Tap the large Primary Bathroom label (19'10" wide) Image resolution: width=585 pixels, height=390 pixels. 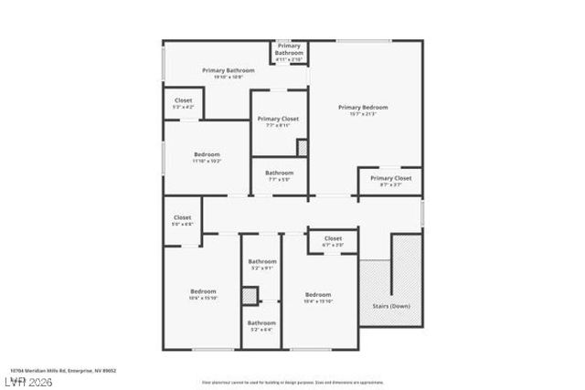[228, 72]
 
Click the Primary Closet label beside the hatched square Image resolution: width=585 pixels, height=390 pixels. [278, 121]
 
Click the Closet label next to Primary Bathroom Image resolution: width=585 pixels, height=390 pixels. [183, 103]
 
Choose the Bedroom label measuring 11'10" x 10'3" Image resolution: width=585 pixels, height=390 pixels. [207, 157]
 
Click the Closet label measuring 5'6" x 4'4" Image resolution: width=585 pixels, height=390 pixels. [182, 220]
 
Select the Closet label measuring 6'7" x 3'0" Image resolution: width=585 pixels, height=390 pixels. [332, 241]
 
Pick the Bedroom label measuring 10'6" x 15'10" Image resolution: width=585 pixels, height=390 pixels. [203, 293]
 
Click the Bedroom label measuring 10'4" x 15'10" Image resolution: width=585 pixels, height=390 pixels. [318, 296]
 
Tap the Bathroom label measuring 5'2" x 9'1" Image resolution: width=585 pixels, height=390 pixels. [261, 265]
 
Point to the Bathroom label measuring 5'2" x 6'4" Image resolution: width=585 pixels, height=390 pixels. [261, 324]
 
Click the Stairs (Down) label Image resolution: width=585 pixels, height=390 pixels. [391, 306]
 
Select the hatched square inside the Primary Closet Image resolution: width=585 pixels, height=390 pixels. [303, 146]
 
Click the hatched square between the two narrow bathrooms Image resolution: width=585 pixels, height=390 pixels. [250, 296]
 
